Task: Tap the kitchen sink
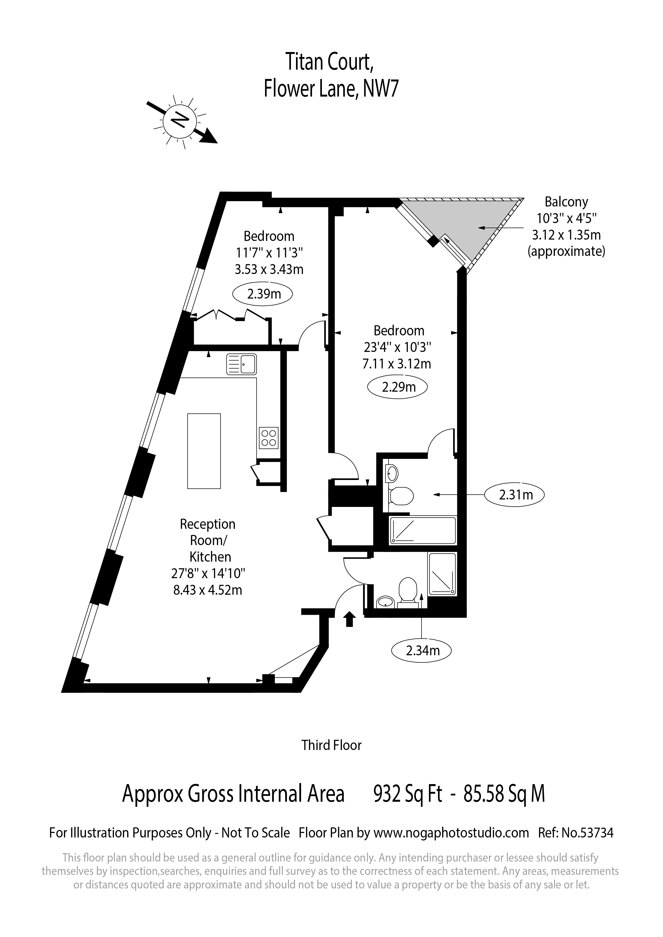242,364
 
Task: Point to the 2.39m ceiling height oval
263,294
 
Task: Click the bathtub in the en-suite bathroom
423,530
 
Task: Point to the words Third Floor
331,745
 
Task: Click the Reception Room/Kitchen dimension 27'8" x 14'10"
208,573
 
